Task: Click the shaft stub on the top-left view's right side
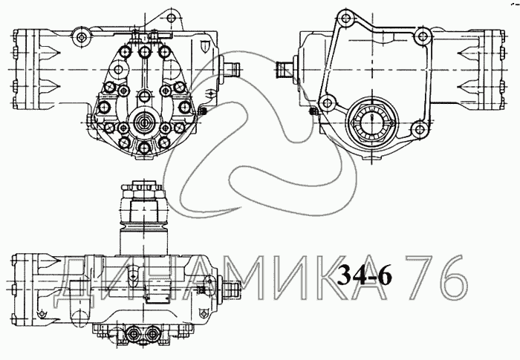(232, 70)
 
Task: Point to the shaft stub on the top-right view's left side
(285, 70)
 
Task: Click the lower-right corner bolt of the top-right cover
(419, 129)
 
